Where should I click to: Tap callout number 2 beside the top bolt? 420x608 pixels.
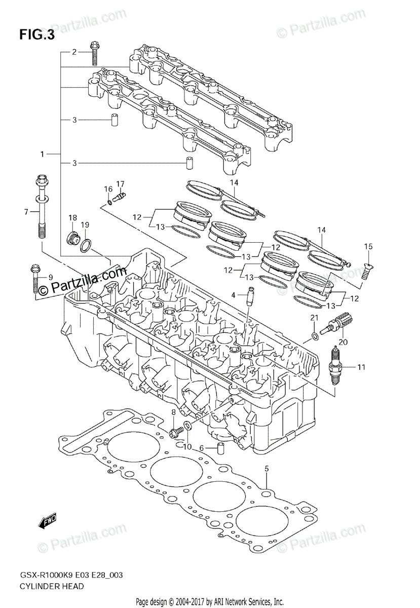pyautogui.click(x=74, y=52)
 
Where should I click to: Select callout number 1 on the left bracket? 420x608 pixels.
pyautogui.click(x=43, y=153)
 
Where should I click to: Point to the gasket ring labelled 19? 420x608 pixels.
pyautogui.click(x=86, y=246)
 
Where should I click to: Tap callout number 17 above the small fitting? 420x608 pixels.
pyautogui.click(x=120, y=183)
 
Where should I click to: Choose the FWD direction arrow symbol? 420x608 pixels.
pyautogui.click(x=47, y=521)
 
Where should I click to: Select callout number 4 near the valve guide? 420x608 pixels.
pyautogui.click(x=234, y=295)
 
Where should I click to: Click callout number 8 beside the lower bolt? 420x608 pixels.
pyautogui.click(x=173, y=412)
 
